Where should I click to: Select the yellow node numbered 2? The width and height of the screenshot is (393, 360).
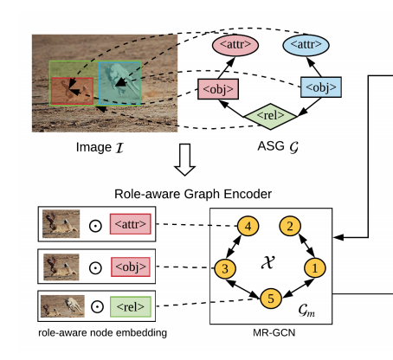tap(292, 227)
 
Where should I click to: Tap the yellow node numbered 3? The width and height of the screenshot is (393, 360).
tap(224, 268)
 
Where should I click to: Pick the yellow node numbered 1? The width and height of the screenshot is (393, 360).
tap(317, 268)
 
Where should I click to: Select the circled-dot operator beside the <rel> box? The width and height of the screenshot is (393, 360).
tap(97, 305)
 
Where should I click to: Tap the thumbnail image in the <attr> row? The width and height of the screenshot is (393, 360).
tap(60, 223)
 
